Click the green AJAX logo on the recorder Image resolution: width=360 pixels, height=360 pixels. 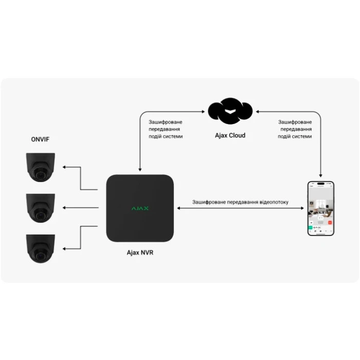[x=140, y=208]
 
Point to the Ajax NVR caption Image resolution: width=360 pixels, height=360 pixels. [x=140, y=253]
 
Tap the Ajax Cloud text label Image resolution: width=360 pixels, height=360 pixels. [x=230, y=136]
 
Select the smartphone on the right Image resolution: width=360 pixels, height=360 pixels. [x=321, y=208]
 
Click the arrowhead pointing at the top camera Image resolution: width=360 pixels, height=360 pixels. [x=64, y=167]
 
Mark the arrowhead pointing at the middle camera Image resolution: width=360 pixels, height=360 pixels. [x=64, y=208]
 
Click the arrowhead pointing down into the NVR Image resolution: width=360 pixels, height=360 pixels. [x=140, y=170]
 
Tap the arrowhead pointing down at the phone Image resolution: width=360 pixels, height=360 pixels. [x=321, y=176]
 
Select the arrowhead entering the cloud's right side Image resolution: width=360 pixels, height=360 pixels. [x=257, y=111]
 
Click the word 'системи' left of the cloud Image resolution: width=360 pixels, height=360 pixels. [x=171, y=137]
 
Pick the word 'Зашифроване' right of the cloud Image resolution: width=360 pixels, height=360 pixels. [x=295, y=122]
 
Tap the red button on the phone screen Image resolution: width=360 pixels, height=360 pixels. [x=330, y=223]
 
